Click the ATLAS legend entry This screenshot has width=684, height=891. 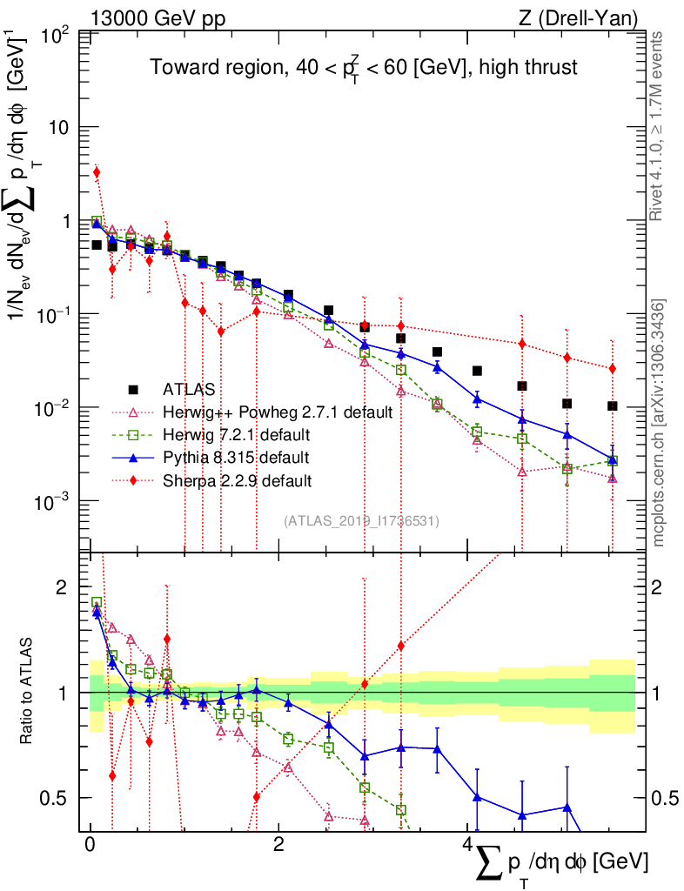tap(187, 389)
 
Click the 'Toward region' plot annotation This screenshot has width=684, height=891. tap(363, 67)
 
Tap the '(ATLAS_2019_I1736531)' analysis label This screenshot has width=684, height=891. tap(361, 521)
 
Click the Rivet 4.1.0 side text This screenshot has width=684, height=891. tap(658, 126)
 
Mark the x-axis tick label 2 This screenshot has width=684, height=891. tap(278, 847)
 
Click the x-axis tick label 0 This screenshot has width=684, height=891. tap(90, 847)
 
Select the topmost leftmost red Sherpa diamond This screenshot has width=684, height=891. tap(97, 172)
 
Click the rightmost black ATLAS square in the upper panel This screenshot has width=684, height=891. tap(613, 405)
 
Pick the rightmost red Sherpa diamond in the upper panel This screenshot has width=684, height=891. tap(613, 369)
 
